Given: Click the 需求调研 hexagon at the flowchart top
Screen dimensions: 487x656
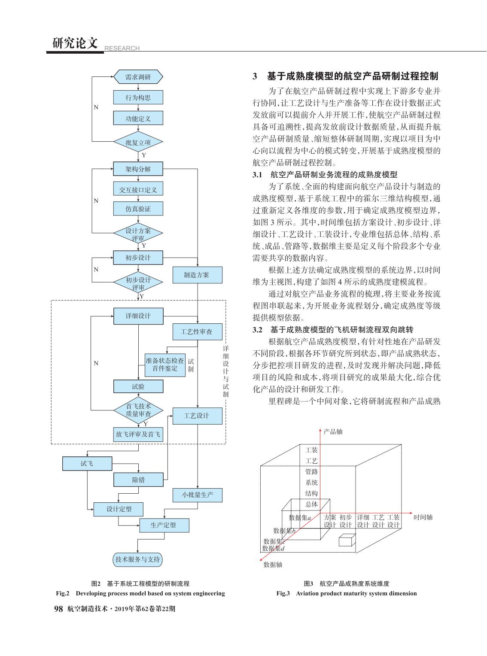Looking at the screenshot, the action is click(x=138, y=77).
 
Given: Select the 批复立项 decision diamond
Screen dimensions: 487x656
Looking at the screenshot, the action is click(x=138, y=142).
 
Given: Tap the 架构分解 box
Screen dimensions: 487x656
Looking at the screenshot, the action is click(x=138, y=169).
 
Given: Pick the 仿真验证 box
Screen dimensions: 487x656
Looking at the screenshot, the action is click(x=138, y=209).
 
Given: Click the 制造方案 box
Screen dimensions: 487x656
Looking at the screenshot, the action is click(x=198, y=275).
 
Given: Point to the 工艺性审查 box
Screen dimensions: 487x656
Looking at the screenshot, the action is click(x=198, y=331).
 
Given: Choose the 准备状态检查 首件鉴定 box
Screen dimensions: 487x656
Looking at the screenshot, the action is click(x=165, y=365).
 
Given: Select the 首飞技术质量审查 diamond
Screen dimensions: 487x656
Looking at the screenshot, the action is click(x=138, y=410).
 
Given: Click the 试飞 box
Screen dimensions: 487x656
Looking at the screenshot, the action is click(x=87, y=464).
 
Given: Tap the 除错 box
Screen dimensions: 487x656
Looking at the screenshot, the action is click(x=138, y=480).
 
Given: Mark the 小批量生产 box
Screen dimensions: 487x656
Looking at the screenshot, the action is click(x=198, y=495).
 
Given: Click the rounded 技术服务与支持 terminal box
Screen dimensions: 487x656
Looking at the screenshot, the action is click(x=137, y=559).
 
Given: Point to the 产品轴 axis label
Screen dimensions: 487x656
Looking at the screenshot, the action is click(x=333, y=431).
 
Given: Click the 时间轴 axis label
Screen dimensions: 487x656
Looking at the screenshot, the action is click(x=423, y=517).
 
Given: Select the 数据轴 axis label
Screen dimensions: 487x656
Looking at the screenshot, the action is click(x=273, y=565).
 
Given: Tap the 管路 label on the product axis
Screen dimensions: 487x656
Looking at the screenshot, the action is click(x=311, y=471).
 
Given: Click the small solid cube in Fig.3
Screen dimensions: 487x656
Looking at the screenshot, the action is click(x=347, y=540).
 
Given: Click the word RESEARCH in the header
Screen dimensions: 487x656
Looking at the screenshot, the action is click(x=122, y=48).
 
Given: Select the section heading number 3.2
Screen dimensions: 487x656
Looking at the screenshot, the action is click(x=257, y=329).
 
